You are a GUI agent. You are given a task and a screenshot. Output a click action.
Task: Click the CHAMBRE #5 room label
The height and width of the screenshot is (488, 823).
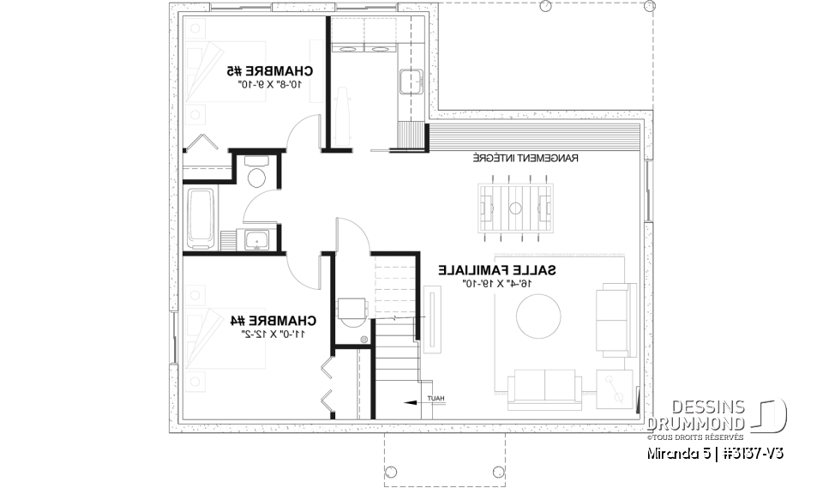click(x=269, y=70)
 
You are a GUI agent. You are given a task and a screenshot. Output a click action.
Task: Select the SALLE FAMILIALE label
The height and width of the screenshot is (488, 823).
click(x=497, y=270)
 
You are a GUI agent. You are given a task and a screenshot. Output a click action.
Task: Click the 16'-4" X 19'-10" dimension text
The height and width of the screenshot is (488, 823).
click(x=497, y=283)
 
